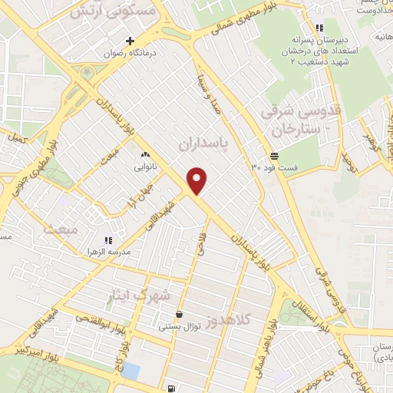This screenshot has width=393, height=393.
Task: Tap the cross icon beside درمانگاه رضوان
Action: tap(130, 40)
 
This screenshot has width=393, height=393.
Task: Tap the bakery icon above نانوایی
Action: tap(144, 155)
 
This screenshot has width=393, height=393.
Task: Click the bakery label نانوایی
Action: tap(144, 166)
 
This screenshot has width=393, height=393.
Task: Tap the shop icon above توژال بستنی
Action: tap(179, 315)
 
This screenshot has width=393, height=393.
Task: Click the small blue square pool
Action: tap(130, 372)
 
